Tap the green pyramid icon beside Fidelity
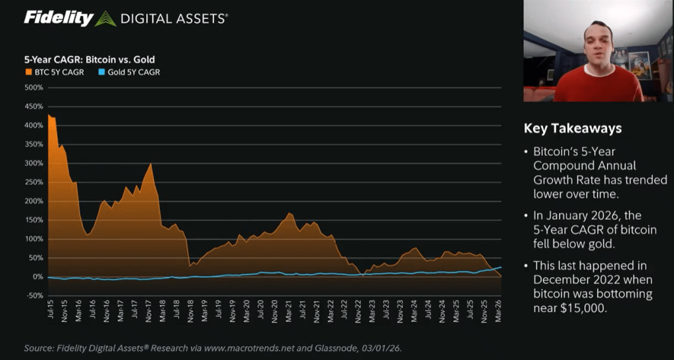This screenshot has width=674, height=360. click(x=105, y=19)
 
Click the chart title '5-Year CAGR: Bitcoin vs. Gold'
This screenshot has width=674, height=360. click(x=89, y=59)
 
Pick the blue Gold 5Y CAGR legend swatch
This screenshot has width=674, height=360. click(x=101, y=72)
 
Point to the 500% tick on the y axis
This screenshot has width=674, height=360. click(x=34, y=87)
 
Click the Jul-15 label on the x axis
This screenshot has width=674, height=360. click(x=50, y=314)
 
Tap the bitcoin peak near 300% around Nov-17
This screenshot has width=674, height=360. click(x=151, y=164)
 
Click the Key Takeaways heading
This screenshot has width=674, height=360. click(x=572, y=128)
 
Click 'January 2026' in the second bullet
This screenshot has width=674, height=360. click(x=580, y=216)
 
